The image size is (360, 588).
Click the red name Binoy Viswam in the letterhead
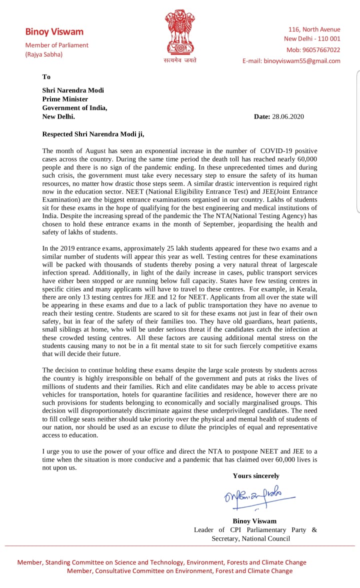click(54, 32)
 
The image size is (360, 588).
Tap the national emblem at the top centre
click(180, 33)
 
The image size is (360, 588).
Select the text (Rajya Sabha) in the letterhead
click(44, 54)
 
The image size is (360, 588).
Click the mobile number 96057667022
click(320, 50)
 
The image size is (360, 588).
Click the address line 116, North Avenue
click(314, 29)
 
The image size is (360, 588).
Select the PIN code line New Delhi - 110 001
click(312, 38)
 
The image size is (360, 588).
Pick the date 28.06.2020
click(287, 116)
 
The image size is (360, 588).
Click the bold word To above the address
click(46, 77)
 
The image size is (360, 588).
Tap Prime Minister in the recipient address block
click(65, 99)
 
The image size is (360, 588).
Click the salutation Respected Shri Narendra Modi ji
click(93, 134)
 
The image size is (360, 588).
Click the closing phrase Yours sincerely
click(256, 476)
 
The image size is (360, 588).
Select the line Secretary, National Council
click(250, 538)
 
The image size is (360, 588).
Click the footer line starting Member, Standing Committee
click(161, 562)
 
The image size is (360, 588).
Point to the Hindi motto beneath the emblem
click(180, 60)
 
